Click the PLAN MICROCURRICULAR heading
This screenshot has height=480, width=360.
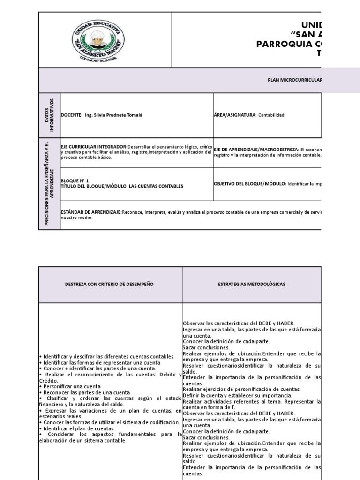click(x=294, y=80)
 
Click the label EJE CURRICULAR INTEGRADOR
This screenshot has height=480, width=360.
click(x=93, y=147)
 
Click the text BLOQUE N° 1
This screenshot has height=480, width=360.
click(x=75, y=180)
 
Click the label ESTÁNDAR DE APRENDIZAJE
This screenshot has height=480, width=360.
click(x=91, y=212)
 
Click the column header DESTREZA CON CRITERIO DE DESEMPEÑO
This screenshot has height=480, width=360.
click(x=109, y=285)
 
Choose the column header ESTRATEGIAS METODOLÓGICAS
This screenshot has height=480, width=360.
click(x=252, y=285)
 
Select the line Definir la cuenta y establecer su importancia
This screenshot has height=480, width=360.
click(x=237, y=395)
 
